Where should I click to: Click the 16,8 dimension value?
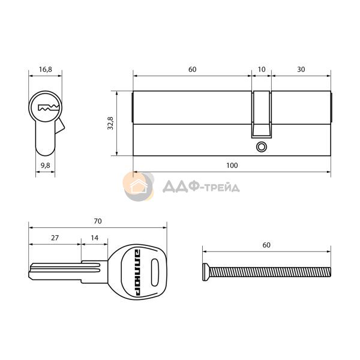click(46, 69)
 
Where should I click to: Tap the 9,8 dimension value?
click(46, 165)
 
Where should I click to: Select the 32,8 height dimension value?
click(110, 123)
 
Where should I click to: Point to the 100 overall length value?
click(232, 166)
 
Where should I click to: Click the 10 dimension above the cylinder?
click(262, 70)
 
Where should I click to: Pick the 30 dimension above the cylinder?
click(301, 70)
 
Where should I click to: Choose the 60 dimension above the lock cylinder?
click(193, 70)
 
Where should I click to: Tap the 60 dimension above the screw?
click(266, 245)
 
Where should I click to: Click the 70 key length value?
click(98, 221)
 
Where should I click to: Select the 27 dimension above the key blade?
click(55, 238)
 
